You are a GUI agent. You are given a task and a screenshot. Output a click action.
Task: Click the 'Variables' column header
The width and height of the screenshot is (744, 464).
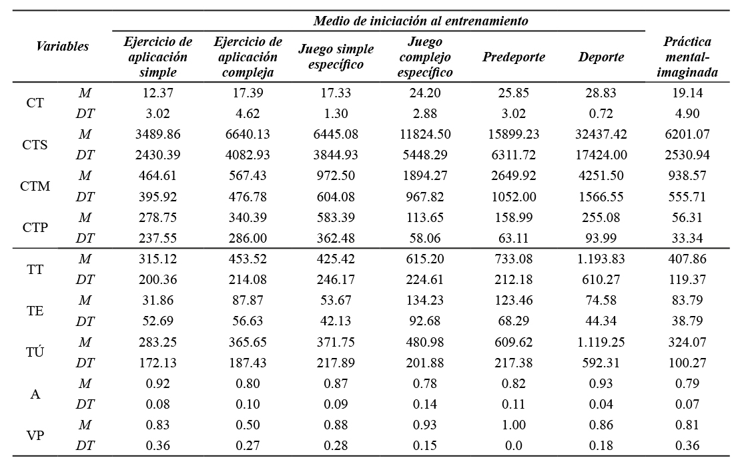click(62, 47)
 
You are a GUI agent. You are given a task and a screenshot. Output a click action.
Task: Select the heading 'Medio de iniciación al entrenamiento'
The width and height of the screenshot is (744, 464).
click(420, 21)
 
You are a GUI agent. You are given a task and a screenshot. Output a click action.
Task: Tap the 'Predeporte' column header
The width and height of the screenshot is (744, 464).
click(513, 57)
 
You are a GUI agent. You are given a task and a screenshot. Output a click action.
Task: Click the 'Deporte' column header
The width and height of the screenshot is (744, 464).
click(601, 57)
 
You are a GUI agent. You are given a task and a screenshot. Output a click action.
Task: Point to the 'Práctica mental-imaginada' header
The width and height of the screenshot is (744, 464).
click(687, 57)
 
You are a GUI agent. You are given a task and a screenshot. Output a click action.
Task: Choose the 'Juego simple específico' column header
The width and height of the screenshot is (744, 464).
click(336, 57)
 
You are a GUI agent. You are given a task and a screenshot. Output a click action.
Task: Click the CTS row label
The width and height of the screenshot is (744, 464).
click(35, 145)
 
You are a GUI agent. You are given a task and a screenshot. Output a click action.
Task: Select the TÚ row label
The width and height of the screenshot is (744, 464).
click(35, 353)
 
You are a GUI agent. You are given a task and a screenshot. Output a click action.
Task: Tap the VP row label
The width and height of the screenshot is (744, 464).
click(35, 435)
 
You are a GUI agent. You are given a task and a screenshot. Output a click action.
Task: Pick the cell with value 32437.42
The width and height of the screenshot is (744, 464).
click(601, 135)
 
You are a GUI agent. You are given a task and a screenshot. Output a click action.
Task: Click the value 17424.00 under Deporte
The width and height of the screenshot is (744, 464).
click(601, 155)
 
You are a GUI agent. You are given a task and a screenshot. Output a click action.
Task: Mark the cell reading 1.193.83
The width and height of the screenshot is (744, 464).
click(601, 259)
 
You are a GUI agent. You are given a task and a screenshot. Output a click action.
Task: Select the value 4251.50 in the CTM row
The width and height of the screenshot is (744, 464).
click(601, 176)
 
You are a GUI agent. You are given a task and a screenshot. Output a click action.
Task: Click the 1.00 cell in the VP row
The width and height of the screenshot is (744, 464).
click(513, 425)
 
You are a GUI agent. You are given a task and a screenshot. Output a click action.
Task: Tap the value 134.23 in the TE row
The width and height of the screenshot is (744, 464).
click(425, 300)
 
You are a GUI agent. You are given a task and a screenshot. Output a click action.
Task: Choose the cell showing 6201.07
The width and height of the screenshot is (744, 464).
click(687, 135)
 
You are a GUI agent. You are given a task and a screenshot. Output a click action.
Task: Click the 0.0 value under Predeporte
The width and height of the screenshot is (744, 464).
click(513, 445)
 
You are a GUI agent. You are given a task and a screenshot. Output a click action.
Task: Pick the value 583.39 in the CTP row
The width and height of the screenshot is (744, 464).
click(336, 217)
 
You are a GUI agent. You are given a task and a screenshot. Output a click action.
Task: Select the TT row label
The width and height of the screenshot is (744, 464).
click(35, 269)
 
